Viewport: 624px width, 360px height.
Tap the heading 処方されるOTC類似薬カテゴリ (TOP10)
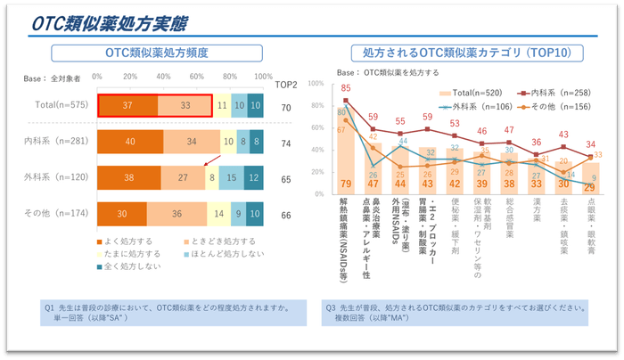tap(461, 53)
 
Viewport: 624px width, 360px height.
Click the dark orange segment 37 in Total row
tap(128, 105)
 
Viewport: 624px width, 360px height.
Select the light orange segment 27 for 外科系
tap(183, 178)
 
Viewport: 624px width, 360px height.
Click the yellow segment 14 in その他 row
tap(218, 215)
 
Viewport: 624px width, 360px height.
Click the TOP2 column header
tap(287, 86)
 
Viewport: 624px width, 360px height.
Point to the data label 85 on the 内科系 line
tap(345, 88)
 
